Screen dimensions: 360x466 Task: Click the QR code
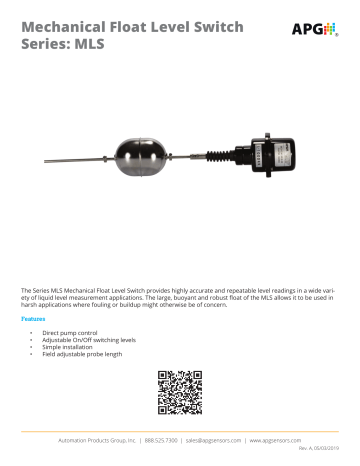[x=180, y=392]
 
